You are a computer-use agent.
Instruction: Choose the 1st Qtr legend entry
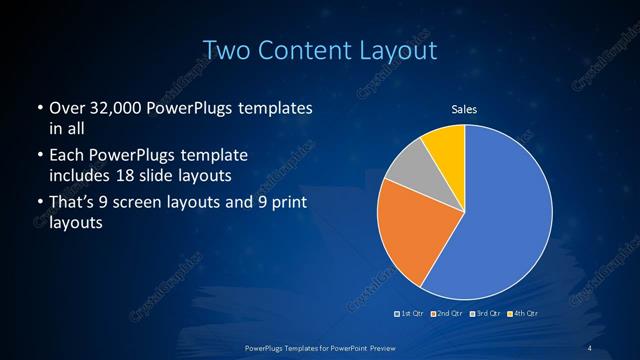(412, 315)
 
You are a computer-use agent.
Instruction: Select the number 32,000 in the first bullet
(114, 108)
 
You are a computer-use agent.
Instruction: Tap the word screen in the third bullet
(159, 205)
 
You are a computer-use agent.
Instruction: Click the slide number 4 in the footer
(591, 347)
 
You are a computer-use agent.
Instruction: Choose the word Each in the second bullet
(67, 156)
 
